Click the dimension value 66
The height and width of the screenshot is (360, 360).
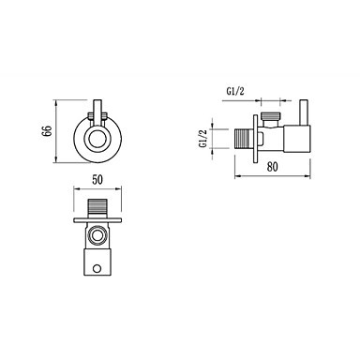pos(47,132)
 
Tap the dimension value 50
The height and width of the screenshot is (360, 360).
pos(97,180)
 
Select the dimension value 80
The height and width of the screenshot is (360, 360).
pos(272,167)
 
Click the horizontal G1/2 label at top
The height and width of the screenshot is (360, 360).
pos(235,92)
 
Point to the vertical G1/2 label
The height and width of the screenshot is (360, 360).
pos(203,139)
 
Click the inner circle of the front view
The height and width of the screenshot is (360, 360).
pos(97,138)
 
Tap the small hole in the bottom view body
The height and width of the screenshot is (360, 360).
pos(97,268)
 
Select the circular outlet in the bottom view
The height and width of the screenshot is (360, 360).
pos(97,236)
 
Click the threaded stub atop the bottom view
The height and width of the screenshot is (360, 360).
pos(97,208)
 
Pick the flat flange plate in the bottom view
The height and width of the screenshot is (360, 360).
pos(97,220)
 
